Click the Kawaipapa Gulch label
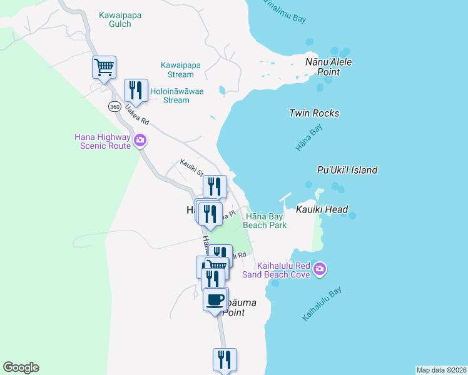pos(115,19)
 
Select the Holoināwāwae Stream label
pos(170,95)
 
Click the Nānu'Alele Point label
pos(328,67)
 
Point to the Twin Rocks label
pos(314,113)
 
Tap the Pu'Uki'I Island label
pos(347,170)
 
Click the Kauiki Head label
pos(322,209)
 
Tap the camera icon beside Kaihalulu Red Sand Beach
pos(320,269)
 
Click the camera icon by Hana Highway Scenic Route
pos(140,141)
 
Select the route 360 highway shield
pos(114,106)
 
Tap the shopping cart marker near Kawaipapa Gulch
pos(104,67)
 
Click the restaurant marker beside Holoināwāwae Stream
pos(136,90)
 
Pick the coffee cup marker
pos(215,300)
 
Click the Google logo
pos(21,367)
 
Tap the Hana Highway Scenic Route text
pos(103,141)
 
